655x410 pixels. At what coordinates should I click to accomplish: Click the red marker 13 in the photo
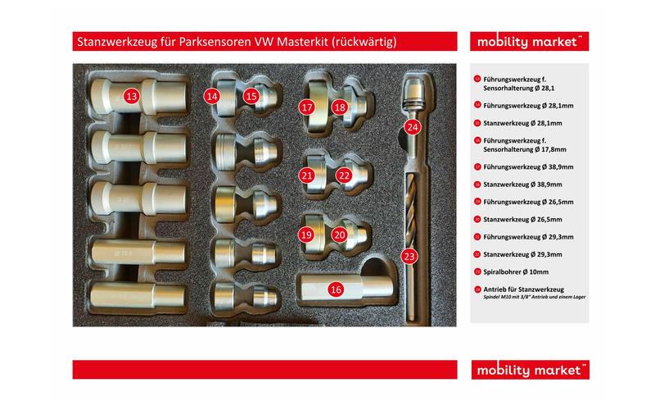(131, 96)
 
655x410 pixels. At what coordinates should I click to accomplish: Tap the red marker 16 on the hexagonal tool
(335, 289)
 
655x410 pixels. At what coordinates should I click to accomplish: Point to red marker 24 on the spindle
(412, 127)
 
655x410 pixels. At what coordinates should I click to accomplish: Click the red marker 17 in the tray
(307, 107)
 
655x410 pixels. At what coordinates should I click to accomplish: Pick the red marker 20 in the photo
(340, 235)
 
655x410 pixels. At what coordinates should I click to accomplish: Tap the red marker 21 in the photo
(307, 175)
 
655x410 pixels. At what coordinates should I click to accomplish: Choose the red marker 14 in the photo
(212, 96)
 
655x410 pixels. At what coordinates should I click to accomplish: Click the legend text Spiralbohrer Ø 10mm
(517, 271)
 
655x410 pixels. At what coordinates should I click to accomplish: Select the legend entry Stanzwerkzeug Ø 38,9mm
(522, 184)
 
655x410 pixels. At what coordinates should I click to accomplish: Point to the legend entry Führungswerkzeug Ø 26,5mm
(528, 202)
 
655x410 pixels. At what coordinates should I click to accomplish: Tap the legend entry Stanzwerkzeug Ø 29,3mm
(522, 254)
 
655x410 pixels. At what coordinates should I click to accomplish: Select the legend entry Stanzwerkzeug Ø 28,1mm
(522, 123)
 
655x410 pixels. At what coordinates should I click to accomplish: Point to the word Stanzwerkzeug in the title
(115, 42)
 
